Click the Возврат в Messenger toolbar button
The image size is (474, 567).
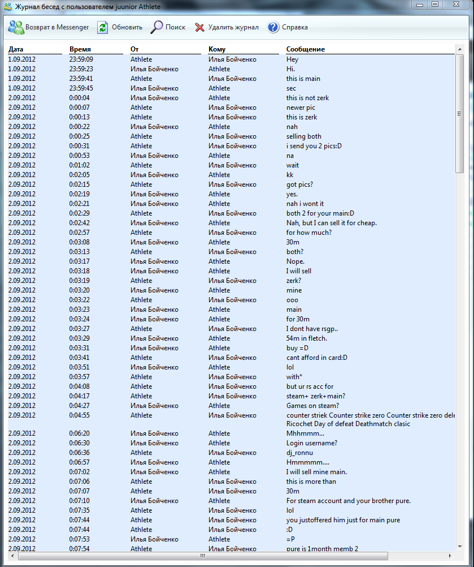(x=49, y=27)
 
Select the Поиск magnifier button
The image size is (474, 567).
(x=168, y=27)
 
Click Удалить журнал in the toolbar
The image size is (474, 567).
(x=227, y=27)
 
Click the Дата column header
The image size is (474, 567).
(x=16, y=49)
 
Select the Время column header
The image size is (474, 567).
(x=80, y=49)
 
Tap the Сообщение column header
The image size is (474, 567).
(x=306, y=49)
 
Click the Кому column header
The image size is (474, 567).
(x=217, y=49)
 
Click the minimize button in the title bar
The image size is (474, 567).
(x=419, y=5)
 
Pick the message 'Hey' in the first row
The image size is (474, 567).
(x=292, y=59)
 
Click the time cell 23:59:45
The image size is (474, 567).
(x=81, y=88)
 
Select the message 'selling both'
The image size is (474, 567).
(x=304, y=136)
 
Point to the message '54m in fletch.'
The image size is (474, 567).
(x=307, y=338)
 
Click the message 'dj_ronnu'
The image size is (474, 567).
(x=299, y=453)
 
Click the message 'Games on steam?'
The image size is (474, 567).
(x=312, y=406)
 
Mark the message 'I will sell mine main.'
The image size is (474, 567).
(x=316, y=472)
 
